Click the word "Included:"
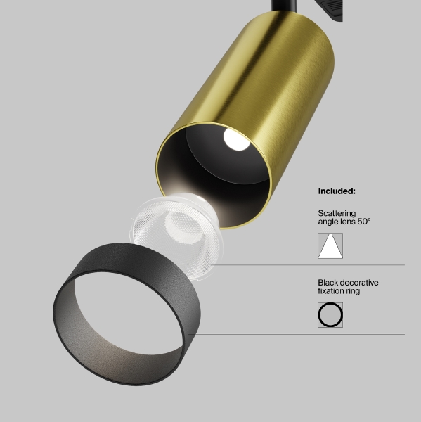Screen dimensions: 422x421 [x=337, y=191]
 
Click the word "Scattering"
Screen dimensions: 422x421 [x=337, y=213]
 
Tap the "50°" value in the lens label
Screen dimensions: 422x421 [x=363, y=222]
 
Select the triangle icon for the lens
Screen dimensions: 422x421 [x=330, y=245]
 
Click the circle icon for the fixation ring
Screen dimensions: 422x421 [x=330, y=315]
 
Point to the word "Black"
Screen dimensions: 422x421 [x=328, y=283]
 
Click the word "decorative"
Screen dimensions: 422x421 [x=359, y=283]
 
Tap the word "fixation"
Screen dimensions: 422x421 [x=332, y=291]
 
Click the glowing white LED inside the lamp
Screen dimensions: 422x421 [x=233, y=139]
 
